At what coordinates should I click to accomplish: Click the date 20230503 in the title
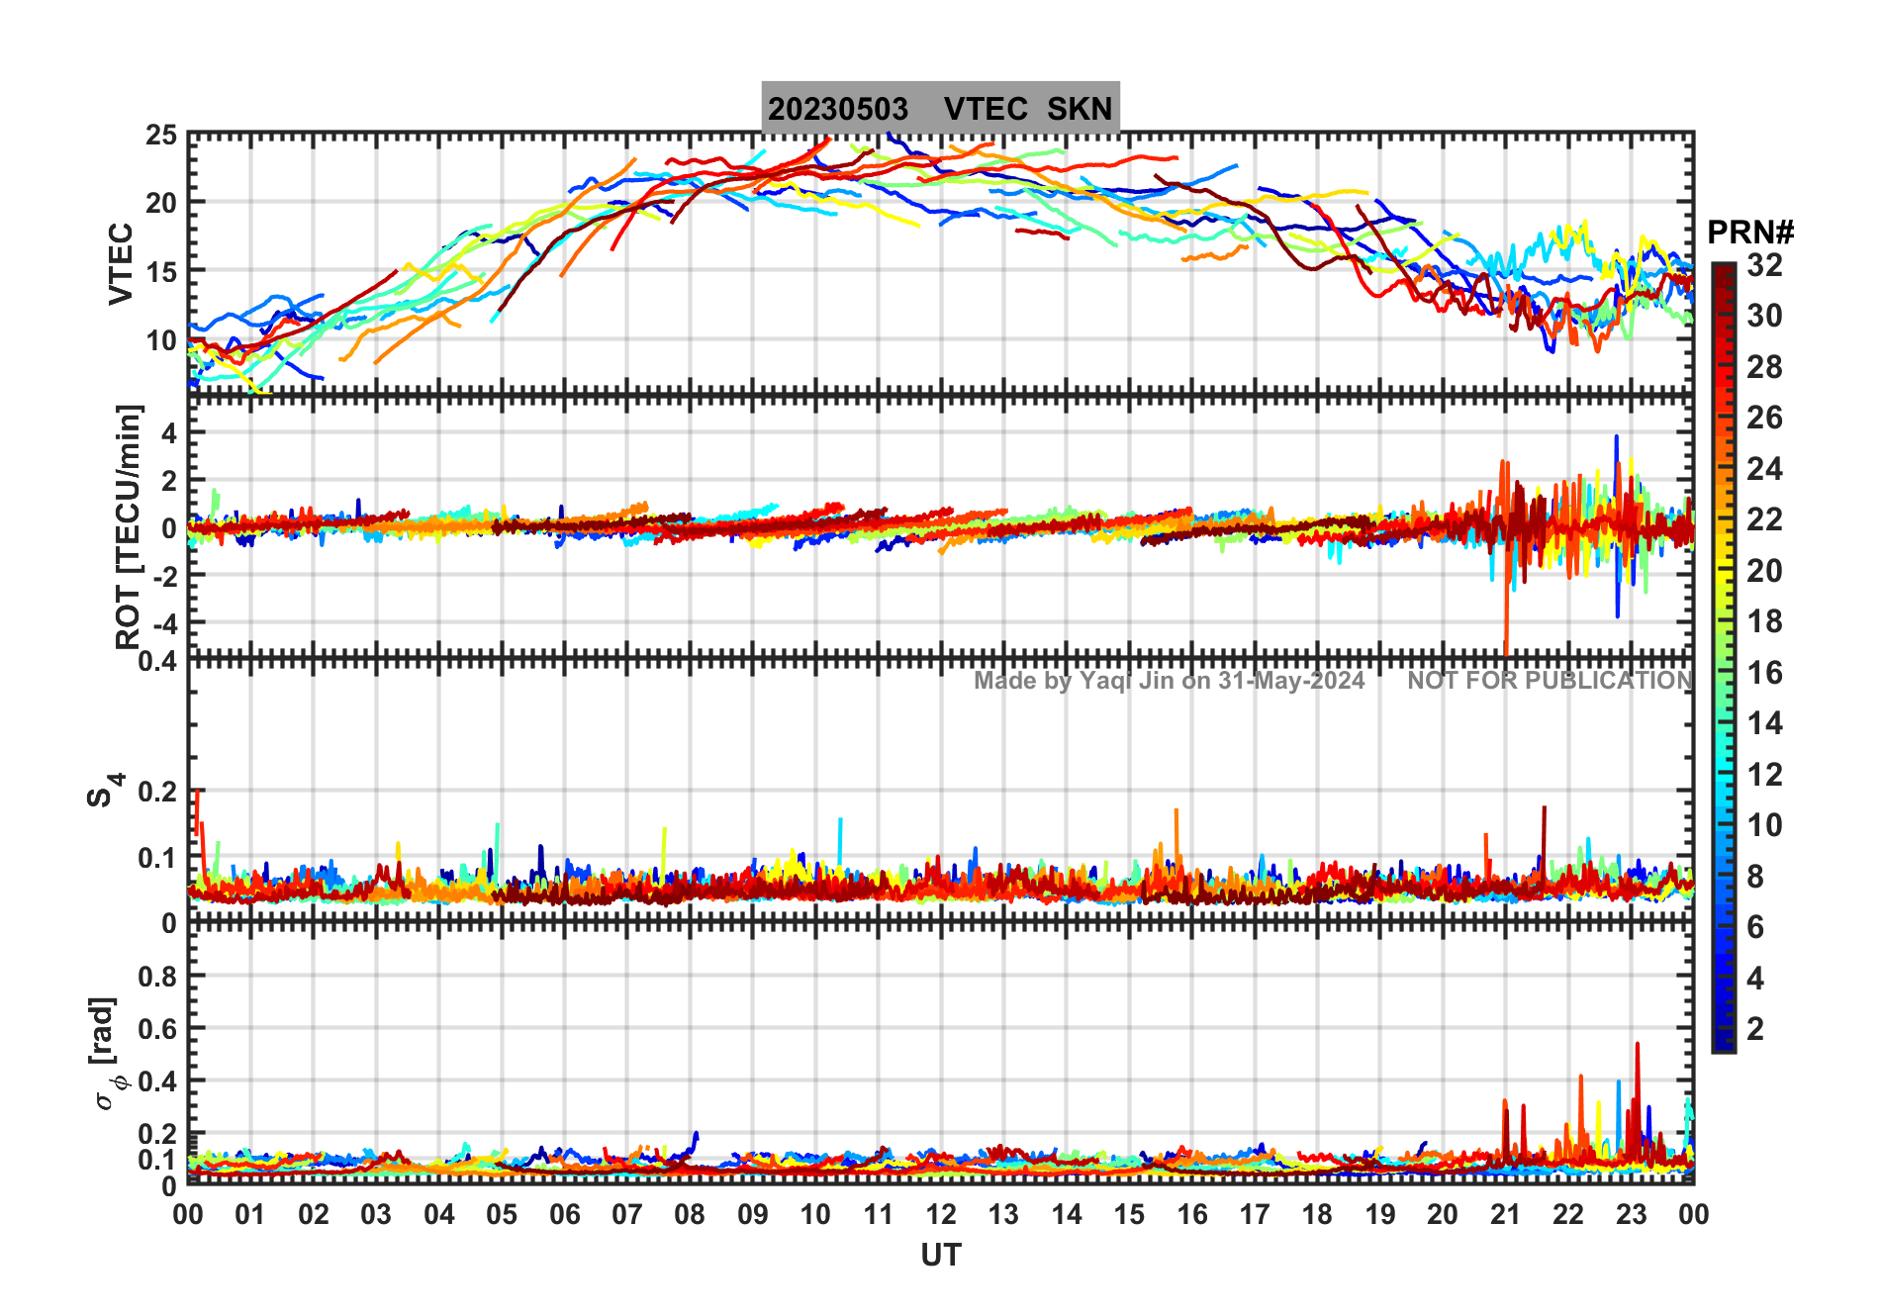(x=837, y=109)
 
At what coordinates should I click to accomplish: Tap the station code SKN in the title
(x=1080, y=109)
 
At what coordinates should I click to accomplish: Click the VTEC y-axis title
(x=121, y=263)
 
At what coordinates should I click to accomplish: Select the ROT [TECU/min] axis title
(x=129, y=526)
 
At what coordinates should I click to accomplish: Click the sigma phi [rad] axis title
(x=107, y=1054)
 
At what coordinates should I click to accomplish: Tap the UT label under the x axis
(x=940, y=1256)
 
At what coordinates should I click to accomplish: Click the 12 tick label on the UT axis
(x=940, y=1215)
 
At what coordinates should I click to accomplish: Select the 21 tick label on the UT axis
(x=1505, y=1215)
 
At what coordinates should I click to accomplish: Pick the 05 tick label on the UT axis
(x=502, y=1215)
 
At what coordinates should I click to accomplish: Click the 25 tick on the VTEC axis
(x=161, y=136)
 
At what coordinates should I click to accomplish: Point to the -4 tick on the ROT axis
(x=163, y=624)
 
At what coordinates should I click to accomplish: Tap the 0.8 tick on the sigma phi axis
(x=157, y=977)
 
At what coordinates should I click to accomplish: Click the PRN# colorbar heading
(x=1750, y=233)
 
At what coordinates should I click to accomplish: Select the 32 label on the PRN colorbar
(x=1764, y=265)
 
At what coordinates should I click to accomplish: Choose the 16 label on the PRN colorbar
(x=1764, y=674)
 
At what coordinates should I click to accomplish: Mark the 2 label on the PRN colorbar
(x=1755, y=1029)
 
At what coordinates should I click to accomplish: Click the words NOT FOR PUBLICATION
(x=1550, y=681)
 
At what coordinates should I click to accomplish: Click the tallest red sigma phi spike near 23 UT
(x=1637, y=1045)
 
